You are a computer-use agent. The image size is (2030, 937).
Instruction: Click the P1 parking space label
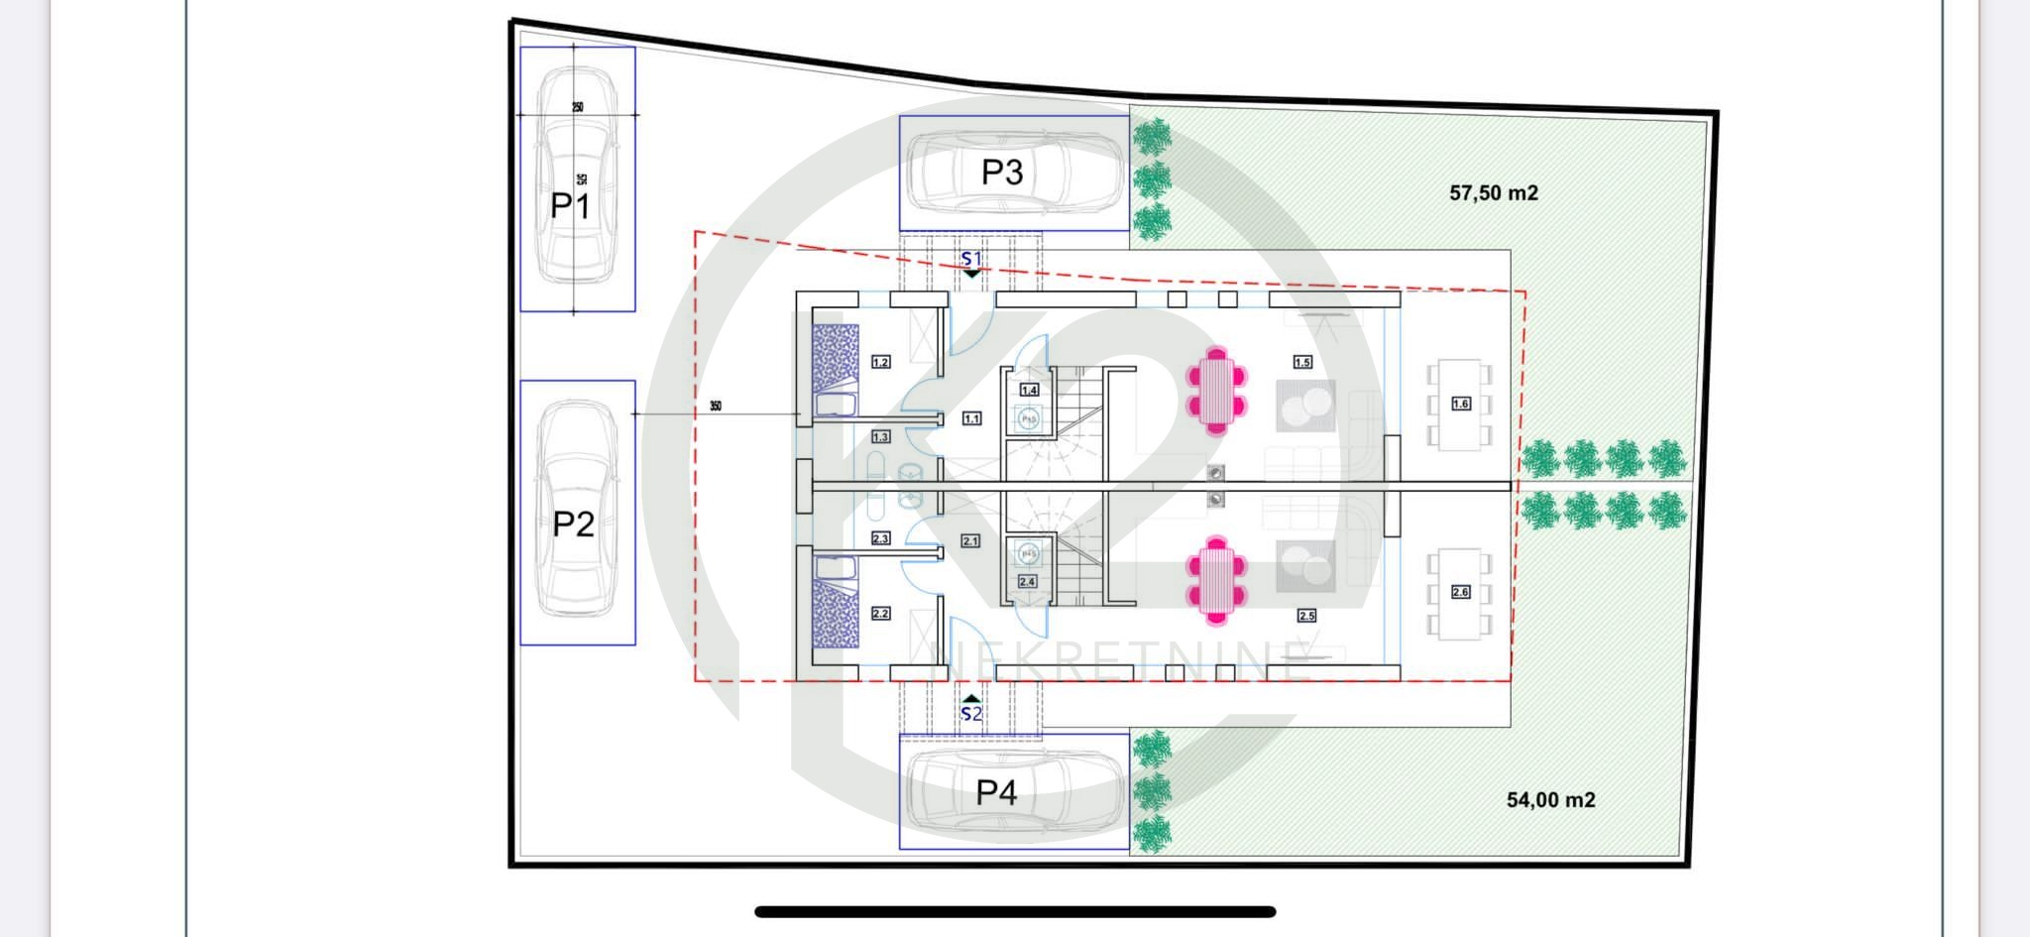(x=570, y=206)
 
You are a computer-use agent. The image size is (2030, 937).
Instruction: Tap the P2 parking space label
(x=573, y=524)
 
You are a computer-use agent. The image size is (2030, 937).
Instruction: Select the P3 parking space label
(x=1001, y=173)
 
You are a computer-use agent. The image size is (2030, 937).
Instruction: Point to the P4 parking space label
(x=996, y=792)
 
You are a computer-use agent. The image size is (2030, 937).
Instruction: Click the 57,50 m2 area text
(x=1493, y=193)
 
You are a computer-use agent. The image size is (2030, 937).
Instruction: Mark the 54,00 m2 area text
(x=1550, y=800)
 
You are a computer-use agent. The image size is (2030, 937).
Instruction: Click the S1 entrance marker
(x=971, y=260)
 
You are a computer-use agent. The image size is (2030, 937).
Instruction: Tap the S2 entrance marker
(x=971, y=713)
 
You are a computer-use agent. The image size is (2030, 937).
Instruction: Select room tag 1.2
(x=880, y=362)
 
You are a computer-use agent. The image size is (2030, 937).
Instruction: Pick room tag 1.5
(x=1302, y=362)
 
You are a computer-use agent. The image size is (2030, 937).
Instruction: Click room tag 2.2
(x=880, y=614)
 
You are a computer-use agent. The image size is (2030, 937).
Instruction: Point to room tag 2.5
(x=1306, y=616)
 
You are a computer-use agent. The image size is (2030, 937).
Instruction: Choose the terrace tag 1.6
(x=1460, y=404)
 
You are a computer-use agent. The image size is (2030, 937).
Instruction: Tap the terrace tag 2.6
(x=1460, y=592)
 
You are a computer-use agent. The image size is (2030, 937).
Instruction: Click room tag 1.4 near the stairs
(x=1029, y=391)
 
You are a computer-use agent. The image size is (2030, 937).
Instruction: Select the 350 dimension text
(x=716, y=407)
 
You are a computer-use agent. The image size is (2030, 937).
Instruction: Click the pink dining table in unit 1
(x=1216, y=390)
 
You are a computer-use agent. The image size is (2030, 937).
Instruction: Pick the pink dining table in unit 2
(x=1216, y=581)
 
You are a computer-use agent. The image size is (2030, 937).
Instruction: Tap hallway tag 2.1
(x=969, y=541)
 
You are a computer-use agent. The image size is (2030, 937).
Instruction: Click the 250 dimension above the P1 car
(x=577, y=107)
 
